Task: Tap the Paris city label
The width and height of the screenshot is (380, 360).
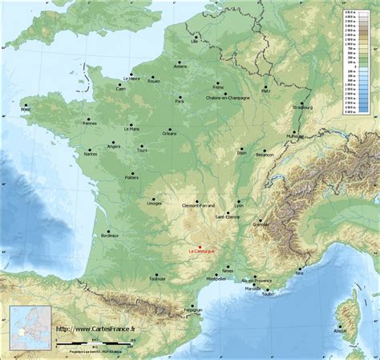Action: [x=180, y=102]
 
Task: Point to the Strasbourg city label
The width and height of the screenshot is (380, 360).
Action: [x=302, y=107]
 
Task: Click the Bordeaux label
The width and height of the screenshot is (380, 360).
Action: [x=110, y=236]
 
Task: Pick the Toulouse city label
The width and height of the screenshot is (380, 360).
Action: [x=156, y=280]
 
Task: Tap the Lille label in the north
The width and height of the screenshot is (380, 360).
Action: [x=194, y=39]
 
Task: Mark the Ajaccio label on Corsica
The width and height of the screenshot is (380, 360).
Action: [x=341, y=330]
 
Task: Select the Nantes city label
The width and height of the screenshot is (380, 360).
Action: [x=90, y=154]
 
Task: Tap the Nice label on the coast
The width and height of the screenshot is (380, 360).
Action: [x=299, y=273]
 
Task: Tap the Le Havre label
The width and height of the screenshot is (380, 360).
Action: [x=131, y=79]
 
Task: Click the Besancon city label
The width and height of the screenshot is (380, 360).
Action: [x=265, y=154]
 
